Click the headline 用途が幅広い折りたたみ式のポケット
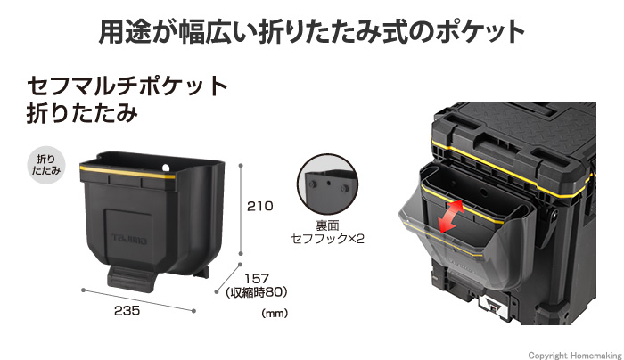[311, 32]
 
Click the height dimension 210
[260, 207]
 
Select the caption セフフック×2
[329, 240]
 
